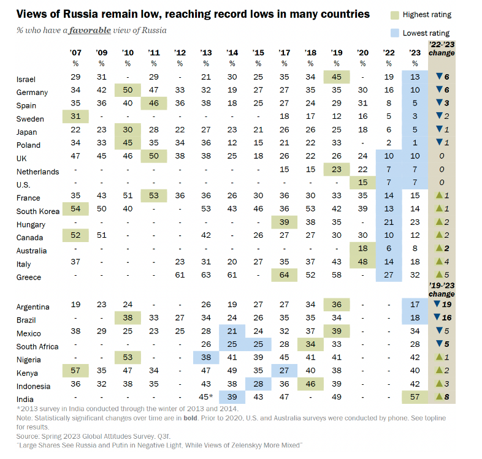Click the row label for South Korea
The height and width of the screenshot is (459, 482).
tap(38, 211)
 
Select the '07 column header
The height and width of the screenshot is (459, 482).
tap(75, 53)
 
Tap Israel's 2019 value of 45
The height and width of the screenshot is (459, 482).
tap(336, 77)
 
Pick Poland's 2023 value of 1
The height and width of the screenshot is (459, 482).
tap(415, 143)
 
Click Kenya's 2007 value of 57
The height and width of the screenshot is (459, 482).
tap(75, 371)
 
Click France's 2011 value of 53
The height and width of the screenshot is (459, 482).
tap(153, 195)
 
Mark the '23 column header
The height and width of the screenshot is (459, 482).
tap(415, 53)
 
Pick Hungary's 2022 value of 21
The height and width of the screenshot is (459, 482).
tap(388, 222)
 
